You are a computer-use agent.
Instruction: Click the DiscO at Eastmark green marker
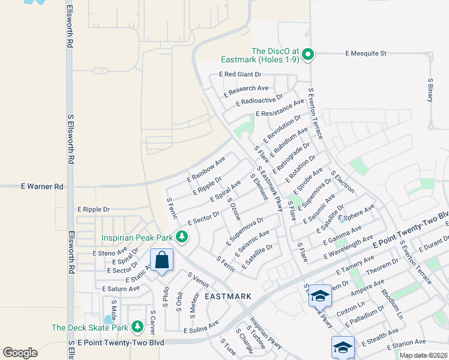[308, 55]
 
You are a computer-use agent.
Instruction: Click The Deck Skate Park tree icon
[137, 327]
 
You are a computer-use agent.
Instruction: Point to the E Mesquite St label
[366, 53]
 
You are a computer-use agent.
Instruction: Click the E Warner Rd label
[42, 187]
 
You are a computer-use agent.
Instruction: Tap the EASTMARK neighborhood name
[228, 296]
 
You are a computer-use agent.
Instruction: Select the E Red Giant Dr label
[240, 74]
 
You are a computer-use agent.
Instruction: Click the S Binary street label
[430, 89]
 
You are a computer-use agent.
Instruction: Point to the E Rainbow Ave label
[206, 170]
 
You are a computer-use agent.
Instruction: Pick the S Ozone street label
[234, 210]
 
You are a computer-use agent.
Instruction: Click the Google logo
[20, 353]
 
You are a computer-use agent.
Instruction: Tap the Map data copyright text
[423, 355]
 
